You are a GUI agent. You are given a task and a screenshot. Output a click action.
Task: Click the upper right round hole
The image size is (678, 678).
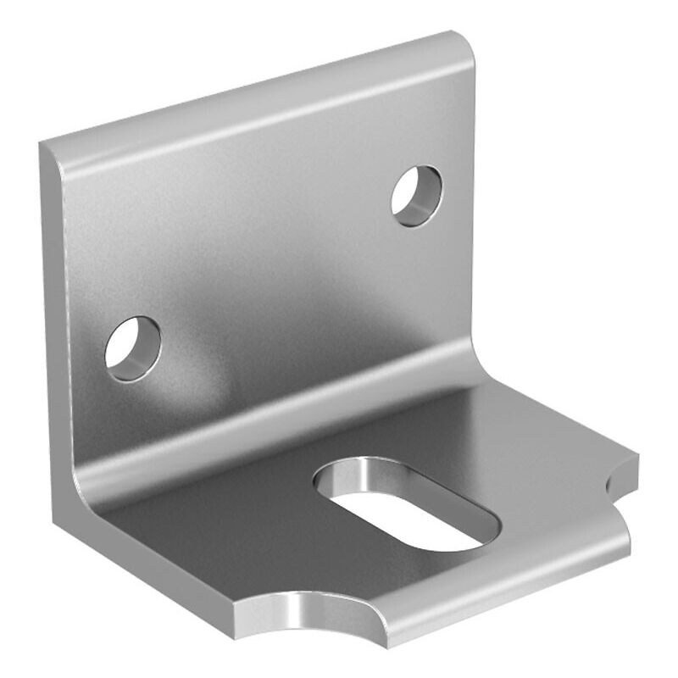416,196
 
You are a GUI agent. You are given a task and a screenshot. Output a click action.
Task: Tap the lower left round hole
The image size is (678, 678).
133,348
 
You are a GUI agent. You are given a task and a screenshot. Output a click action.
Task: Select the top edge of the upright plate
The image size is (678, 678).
254,89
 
